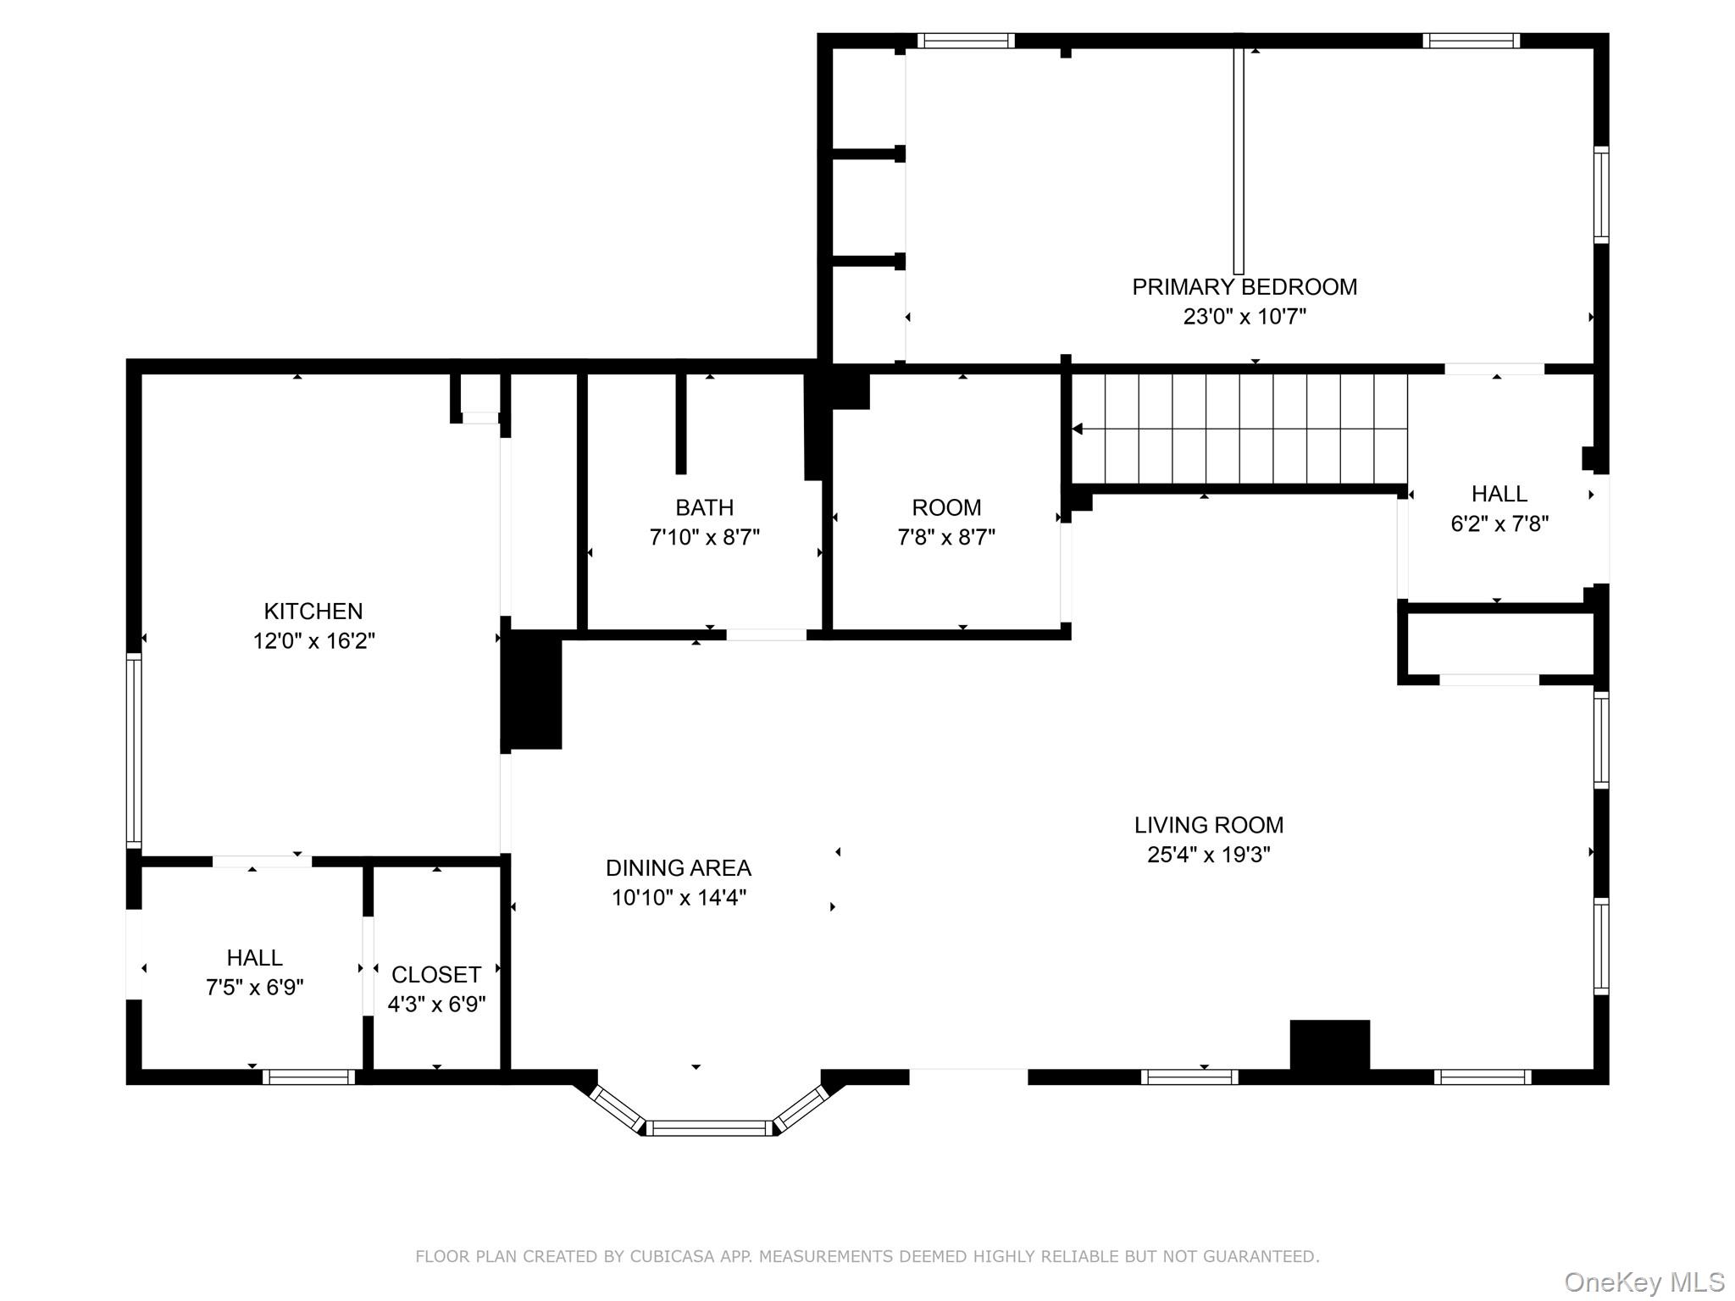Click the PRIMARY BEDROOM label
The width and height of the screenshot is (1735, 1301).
(1244, 287)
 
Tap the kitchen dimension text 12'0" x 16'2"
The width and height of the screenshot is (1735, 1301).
(313, 641)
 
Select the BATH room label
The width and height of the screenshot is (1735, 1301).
(705, 507)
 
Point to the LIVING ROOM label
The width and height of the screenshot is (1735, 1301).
(1209, 825)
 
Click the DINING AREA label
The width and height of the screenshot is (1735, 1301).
(679, 868)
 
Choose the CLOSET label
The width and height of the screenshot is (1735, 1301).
(436, 975)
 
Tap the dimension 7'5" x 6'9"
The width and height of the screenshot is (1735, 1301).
(255, 988)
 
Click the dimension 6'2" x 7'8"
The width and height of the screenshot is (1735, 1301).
(1499, 524)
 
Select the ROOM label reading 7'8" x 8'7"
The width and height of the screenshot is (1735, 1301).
(946, 507)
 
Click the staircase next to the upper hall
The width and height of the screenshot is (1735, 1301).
(1239, 429)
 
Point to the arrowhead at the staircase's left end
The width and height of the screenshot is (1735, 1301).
(1078, 429)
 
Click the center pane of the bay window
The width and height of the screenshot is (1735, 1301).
(710, 1127)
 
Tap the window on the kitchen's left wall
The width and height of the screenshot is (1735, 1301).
(134, 750)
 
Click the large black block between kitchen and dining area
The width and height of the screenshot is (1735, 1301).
(532, 689)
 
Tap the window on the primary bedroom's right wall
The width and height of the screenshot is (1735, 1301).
(1601, 195)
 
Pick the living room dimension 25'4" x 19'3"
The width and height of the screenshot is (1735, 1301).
(1209, 855)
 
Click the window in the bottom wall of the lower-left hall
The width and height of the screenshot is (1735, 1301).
(308, 1077)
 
